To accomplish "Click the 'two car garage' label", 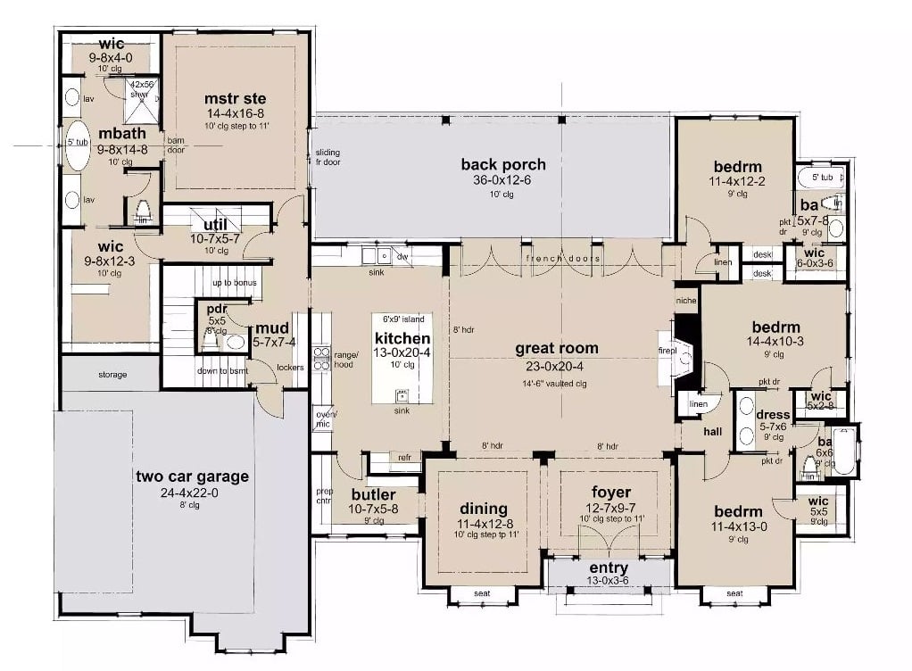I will pos(192,476).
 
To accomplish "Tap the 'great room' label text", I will pos(556,348).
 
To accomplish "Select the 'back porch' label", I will pos(502,164).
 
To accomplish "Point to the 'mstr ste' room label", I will pos(235,98).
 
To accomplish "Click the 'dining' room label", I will pos(483,509).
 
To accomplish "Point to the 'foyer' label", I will pos(611,492).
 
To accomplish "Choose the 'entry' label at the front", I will pos(609,567).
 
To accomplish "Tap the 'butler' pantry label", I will pos(373,494).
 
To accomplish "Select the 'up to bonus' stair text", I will pos(234,283).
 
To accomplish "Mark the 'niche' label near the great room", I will pos(685,301).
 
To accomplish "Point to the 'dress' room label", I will pos(773,414).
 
